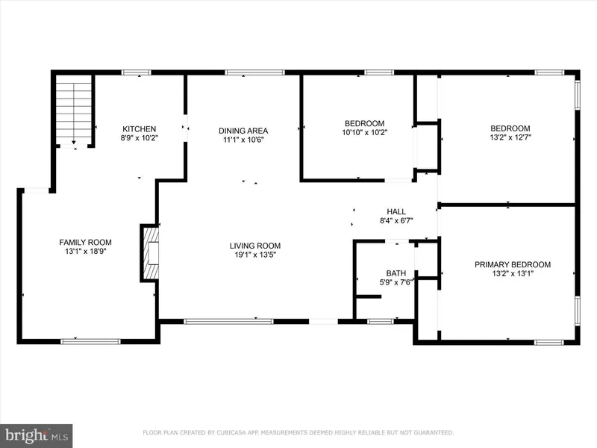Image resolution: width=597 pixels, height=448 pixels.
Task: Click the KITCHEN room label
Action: click(x=140, y=129)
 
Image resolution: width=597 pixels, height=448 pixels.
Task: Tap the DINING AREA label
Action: click(x=243, y=131)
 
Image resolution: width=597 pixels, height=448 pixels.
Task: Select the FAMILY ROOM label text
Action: click(x=85, y=242)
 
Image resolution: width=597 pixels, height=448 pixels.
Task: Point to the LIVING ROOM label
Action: click(x=255, y=246)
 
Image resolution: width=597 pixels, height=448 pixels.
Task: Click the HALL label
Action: click(x=396, y=211)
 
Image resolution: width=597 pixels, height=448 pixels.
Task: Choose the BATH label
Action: click(x=396, y=273)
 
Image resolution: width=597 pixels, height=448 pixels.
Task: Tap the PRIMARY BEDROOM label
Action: click(x=513, y=264)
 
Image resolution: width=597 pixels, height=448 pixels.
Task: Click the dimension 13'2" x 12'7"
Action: click(x=510, y=137)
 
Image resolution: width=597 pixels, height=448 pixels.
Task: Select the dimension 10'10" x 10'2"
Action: click(x=364, y=132)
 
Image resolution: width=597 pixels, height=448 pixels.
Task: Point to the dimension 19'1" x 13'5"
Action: click(x=255, y=255)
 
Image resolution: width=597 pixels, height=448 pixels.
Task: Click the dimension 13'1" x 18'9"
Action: click(x=85, y=251)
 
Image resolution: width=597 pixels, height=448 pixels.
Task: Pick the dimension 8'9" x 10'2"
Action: click(x=140, y=138)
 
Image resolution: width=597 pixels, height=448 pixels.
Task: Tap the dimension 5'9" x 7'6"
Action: click(x=396, y=282)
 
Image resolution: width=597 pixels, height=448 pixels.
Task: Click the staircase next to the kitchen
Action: click(x=74, y=109)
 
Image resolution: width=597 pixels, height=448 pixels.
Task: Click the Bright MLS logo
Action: click(x=36, y=436)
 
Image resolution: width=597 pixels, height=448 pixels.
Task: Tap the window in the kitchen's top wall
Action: click(x=137, y=72)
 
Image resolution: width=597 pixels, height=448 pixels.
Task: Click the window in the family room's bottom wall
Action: click(x=90, y=341)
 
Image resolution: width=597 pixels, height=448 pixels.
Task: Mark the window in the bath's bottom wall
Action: click(x=381, y=322)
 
